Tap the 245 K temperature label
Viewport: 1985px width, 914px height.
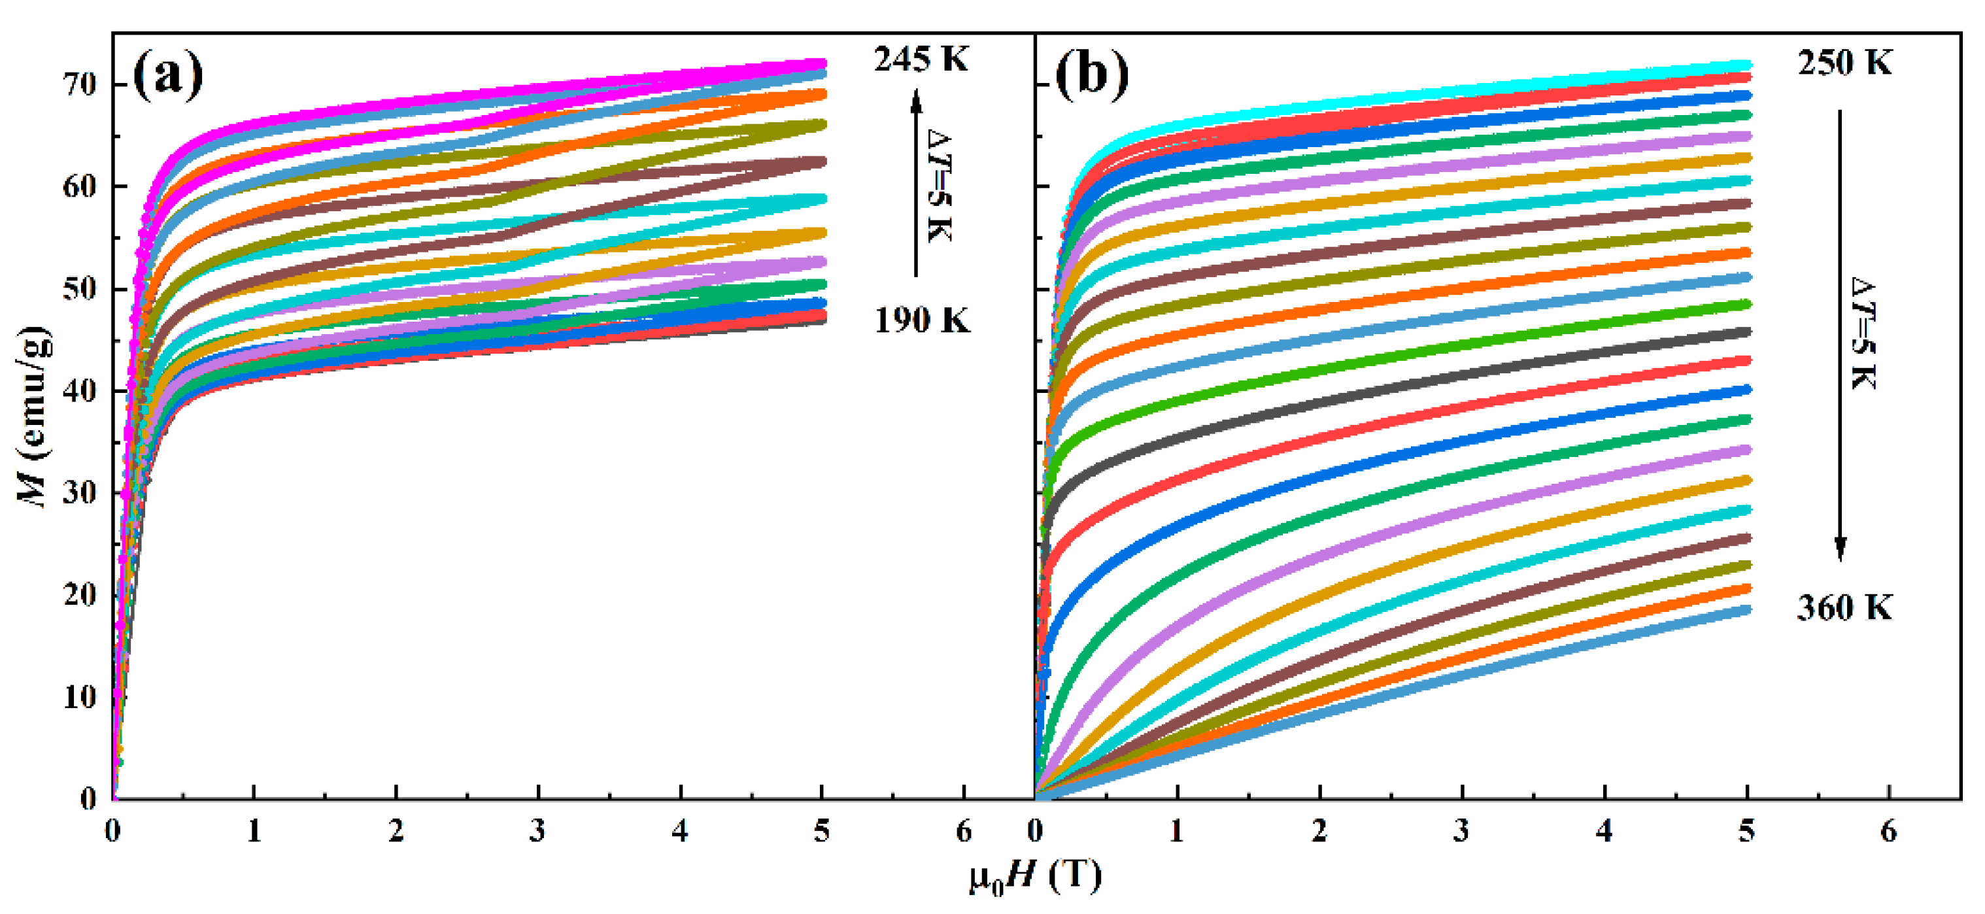921,59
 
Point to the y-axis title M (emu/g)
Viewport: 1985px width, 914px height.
35,416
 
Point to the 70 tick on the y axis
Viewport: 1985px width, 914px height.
80,84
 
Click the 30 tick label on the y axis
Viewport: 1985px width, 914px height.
80,492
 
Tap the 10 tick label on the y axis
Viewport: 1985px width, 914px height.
80,697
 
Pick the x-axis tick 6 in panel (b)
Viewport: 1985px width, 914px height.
1889,831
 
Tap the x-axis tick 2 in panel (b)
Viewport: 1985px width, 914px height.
1320,831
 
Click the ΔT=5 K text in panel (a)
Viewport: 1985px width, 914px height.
940,185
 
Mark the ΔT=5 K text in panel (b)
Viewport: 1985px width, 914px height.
1863,333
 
